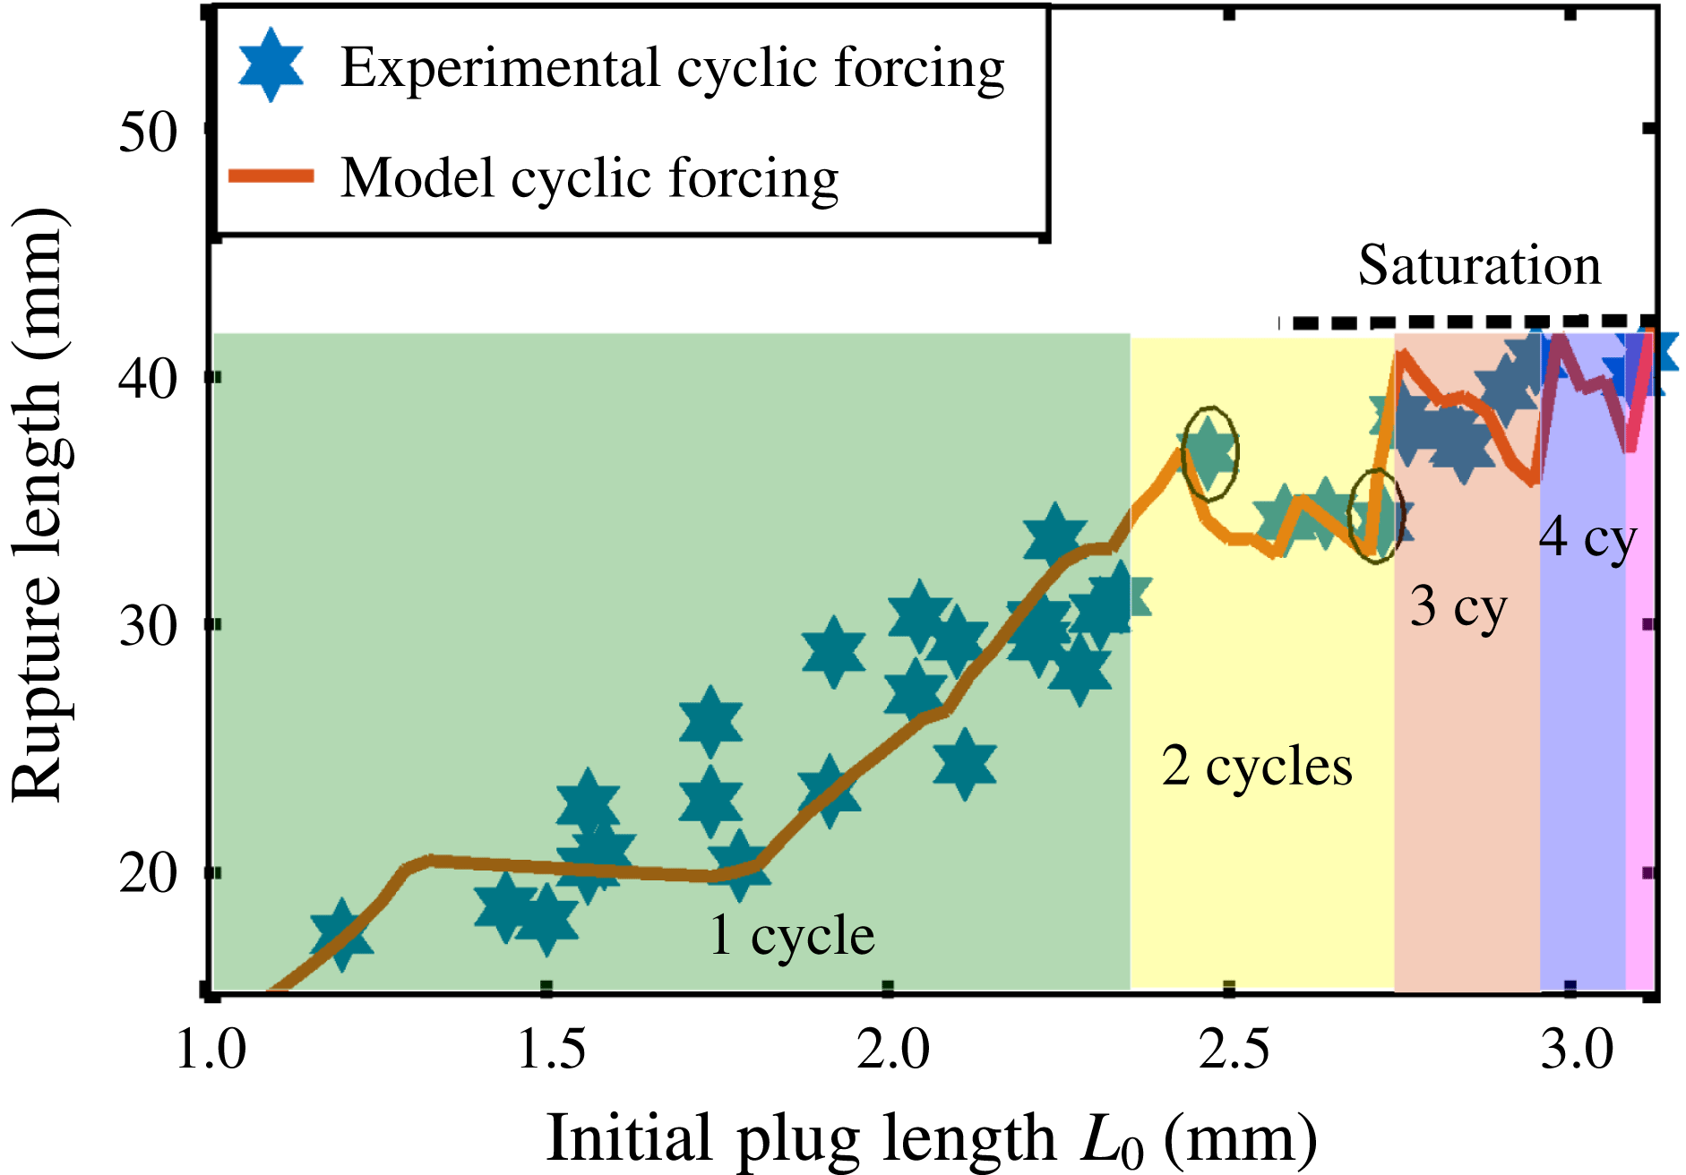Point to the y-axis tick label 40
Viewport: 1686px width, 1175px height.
(x=149, y=379)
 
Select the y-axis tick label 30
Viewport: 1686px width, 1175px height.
(x=149, y=625)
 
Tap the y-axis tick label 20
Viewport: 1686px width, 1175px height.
(x=149, y=872)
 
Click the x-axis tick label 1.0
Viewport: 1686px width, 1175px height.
(x=211, y=1048)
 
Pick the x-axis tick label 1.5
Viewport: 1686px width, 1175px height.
(x=552, y=1048)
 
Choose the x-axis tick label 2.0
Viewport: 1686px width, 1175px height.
(x=893, y=1048)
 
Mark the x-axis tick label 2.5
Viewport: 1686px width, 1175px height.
(x=1234, y=1048)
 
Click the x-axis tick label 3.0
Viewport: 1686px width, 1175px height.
(x=1577, y=1048)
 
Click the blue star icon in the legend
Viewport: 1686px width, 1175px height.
(x=271, y=64)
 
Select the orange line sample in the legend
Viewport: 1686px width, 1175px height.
(x=271, y=176)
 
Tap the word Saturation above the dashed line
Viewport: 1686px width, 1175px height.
(x=1479, y=265)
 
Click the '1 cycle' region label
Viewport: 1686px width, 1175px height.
(x=792, y=936)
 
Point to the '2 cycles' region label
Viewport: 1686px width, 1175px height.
(x=1257, y=767)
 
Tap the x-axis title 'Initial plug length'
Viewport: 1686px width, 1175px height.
(x=801, y=1137)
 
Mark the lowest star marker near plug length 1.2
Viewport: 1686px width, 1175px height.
(x=341, y=936)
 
